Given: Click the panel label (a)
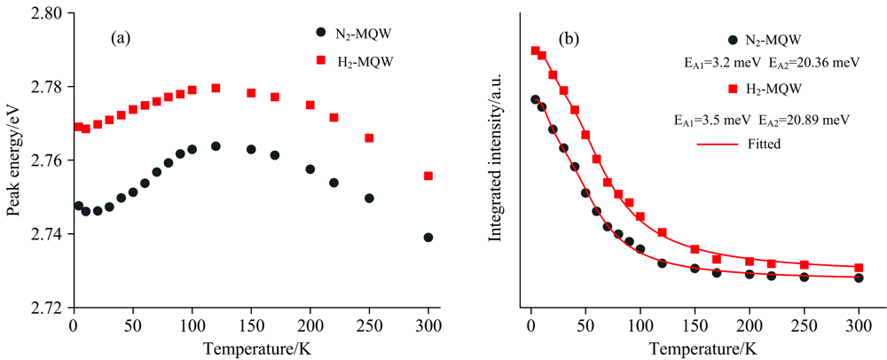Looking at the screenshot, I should coord(122,38).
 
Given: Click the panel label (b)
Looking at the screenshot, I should coord(569,38).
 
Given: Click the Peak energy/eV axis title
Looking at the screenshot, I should coord(12,160).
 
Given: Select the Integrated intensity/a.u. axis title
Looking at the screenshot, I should coord(496,160).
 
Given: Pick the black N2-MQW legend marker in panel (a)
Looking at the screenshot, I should coord(321,32).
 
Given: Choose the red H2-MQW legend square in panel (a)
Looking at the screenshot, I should coord(321,59).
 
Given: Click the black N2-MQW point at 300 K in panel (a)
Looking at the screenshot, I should coord(428,238).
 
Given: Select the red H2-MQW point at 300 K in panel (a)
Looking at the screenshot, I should coord(428,176).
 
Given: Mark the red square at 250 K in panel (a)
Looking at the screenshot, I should coord(369,137).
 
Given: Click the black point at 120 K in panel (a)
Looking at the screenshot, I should coord(216,145).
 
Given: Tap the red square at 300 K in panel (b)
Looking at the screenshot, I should coord(859,267).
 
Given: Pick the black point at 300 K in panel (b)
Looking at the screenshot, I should coord(859,278).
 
